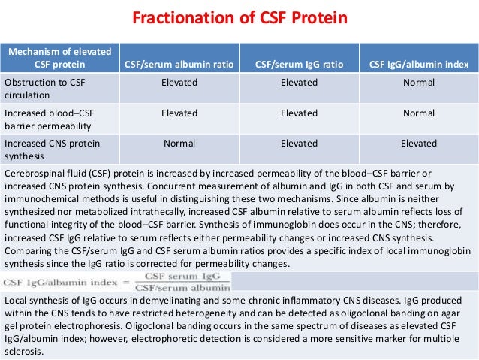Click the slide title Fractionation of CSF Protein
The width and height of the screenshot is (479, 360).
[x=239, y=18]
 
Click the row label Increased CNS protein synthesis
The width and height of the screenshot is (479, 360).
[x=52, y=149]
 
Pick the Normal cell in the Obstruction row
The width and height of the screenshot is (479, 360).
[x=419, y=83]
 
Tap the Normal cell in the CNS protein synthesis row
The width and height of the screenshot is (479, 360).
[x=179, y=144]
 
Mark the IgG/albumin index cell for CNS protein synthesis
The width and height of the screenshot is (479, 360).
[x=419, y=144]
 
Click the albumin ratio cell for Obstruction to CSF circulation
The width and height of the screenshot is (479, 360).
[x=179, y=83]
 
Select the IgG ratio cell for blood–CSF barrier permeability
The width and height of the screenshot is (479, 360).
[x=299, y=113]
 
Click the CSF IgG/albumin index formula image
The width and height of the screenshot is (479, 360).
[x=116, y=280]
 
